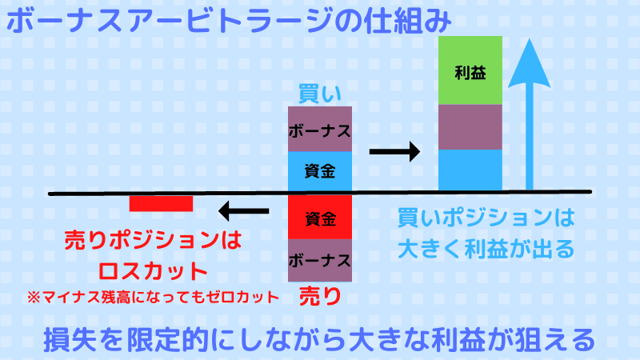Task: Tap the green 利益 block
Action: (x=470, y=70)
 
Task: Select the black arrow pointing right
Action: (x=394, y=150)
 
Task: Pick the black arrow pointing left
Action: (x=245, y=212)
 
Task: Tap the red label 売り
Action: (x=319, y=296)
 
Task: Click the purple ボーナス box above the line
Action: (x=320, y=129)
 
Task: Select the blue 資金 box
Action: (x=320, y=170)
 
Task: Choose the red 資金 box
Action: (x=320, y=217)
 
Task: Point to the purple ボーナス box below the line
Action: (x=320, y=259)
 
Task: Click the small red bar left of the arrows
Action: (x=161, y=204)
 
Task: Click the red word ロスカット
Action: (x=152, y=268)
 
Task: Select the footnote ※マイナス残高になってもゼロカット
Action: (x=153, y=297)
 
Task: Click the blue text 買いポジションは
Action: (x=486, y=217)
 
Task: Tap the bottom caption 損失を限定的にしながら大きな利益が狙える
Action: (x=319, y=339)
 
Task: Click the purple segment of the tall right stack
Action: (x=470, y=127)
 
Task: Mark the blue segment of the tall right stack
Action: (x=470, y=170)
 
